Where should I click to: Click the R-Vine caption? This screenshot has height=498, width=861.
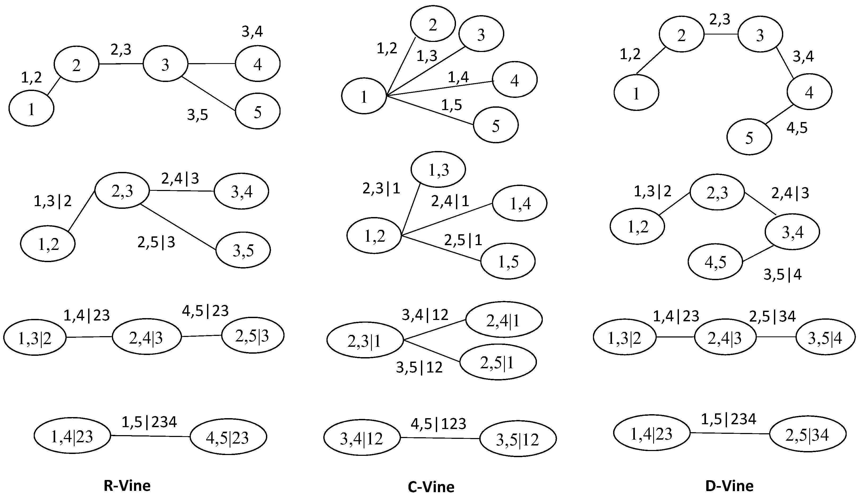pyautogui.click(x=127, y=486)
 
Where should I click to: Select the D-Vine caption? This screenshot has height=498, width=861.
pyautogui.click(x=729, y=486)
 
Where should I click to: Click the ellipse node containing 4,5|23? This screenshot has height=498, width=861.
pyautogui.click(x=228, y=437)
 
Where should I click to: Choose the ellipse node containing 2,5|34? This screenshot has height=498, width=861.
pyautogui.click(x=807, y=434)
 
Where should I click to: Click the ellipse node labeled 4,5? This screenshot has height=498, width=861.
pyautogui.click(x=715, y=262)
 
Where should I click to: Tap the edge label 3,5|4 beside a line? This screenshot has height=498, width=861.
pyautogui.click(x=782, y=275)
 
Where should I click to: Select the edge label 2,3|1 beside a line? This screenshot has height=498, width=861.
pyautogui.click(x=381, y=188)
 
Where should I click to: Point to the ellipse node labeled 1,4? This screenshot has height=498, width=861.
pyautogui.click(x=520, y=203)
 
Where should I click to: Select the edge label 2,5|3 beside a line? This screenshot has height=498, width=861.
pyautogui.click(x=156, y=242)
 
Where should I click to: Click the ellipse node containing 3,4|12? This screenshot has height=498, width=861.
pyautogui.click(x=361, y=438)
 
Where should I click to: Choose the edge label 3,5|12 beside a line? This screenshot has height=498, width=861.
pyautogui.click(x=419, y=367)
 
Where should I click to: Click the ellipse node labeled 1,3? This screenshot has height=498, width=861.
pyautogui.click(x=438, y=170)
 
